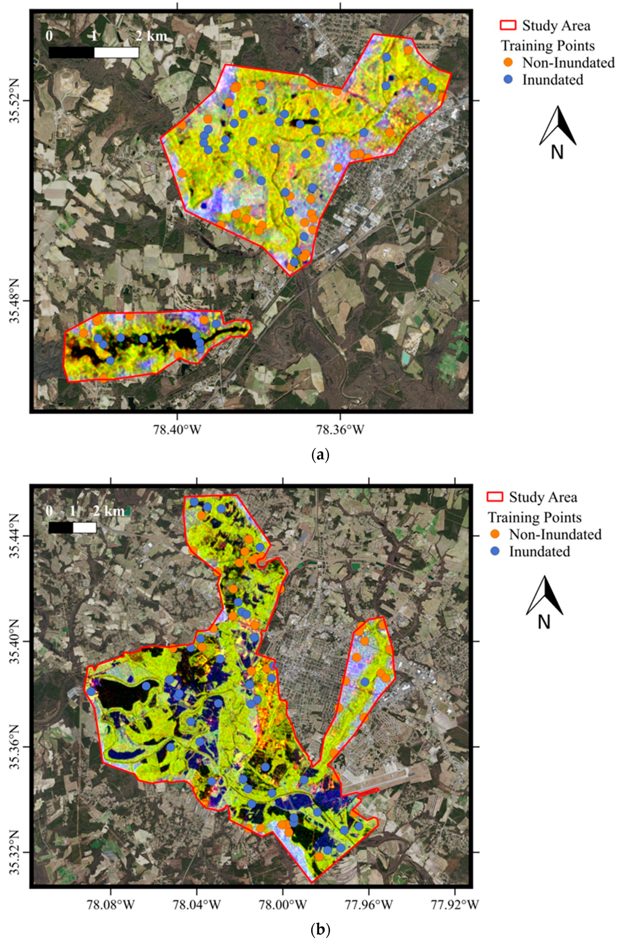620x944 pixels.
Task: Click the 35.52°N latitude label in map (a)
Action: click(x=14, y=101)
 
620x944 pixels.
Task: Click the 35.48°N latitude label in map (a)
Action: click(x=14, y=301)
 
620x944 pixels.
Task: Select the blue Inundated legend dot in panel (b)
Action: click(x=495, y=551)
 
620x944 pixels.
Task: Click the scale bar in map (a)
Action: click(x=93, y=53)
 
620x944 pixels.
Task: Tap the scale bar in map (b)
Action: click(x=73, y=527)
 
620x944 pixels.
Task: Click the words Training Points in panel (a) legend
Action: click(x=548, y=46)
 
